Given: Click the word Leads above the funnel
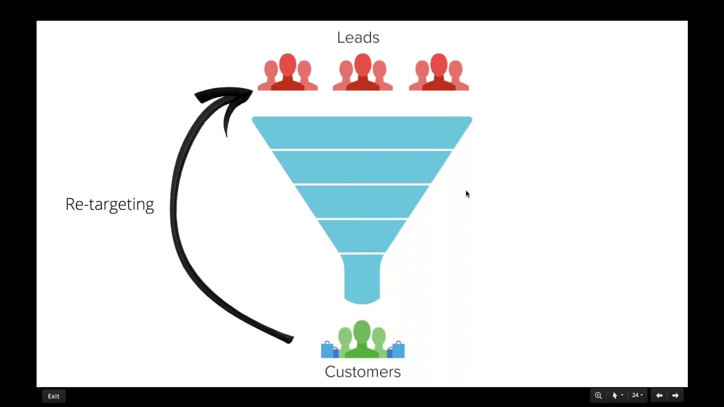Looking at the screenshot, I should pos(358,38).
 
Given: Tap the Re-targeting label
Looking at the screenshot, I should pos(110,204).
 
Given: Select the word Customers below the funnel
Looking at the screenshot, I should pos(363,371).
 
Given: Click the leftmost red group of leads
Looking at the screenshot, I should pos(287,73).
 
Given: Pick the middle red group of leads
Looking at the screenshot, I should pos(363,73).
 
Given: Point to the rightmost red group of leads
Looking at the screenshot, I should pos(438,73).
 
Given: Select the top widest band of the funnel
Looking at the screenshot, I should pos(362,132).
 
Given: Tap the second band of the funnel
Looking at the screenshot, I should pos(362,167).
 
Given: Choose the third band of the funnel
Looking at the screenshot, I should pos(362,201).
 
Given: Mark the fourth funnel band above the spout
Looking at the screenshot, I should pos(362,235).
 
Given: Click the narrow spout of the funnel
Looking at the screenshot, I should pos(362,278).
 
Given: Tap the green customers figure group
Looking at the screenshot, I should pos(362,340).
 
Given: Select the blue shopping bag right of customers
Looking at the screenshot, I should pos(397,350).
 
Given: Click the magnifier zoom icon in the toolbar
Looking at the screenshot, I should pos(598,396).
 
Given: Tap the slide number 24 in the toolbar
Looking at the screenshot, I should pos(635,396).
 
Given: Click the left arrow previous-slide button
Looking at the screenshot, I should pos(659,396).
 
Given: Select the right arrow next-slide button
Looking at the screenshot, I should pos(675,396).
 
